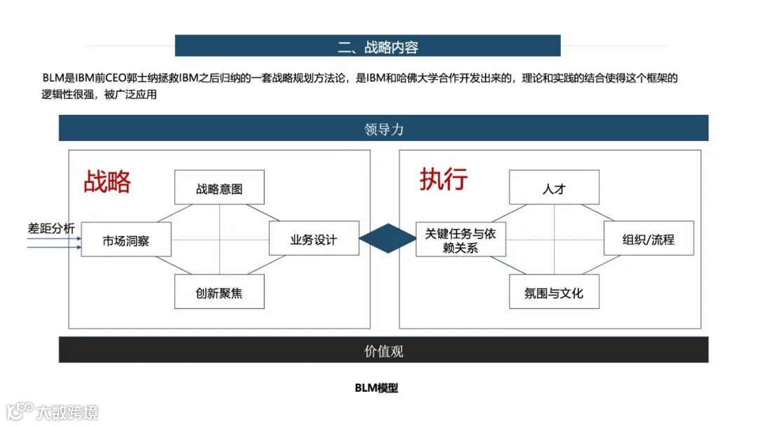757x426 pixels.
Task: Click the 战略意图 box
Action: [219, 188]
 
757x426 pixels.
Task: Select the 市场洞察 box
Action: [126, 240]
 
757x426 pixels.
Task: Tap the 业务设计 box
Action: [314, 239]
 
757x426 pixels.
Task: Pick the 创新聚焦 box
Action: [219, 291]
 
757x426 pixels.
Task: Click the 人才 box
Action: [554, 188]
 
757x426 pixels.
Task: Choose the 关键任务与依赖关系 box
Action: [461, 240]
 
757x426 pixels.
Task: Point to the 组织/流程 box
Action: [648, 239]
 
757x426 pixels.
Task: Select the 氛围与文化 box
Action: [554, 291]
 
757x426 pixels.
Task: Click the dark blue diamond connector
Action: [388, 240]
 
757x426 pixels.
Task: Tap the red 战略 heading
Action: [107, 181]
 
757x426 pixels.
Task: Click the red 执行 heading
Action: [444, 179]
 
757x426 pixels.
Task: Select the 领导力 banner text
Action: [384, 129]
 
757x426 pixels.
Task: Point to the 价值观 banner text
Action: [384, 350]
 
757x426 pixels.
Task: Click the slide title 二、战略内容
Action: [378, 47]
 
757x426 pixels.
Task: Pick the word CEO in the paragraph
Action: [115, 78]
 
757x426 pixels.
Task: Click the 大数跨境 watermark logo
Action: [53, 411]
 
